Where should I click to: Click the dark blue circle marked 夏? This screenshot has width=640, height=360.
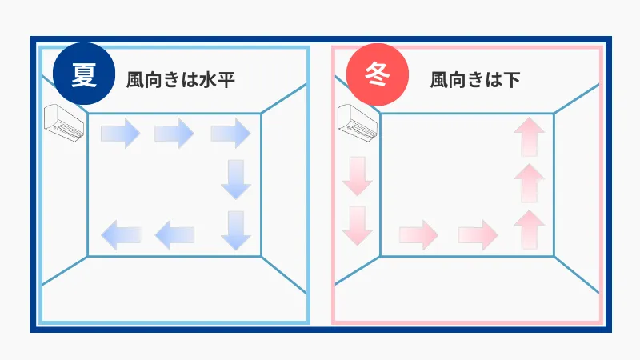coord(84,74)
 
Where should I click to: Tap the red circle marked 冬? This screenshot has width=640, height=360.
coord(377,74)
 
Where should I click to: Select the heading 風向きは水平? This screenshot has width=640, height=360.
coord(181,79)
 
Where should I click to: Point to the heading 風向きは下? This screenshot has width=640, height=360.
coord(475,79)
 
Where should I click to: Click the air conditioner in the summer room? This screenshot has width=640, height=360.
coord(64,123)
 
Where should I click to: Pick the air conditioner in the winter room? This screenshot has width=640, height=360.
coord(358,123)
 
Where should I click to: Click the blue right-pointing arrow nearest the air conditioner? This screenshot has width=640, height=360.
coord(121,133)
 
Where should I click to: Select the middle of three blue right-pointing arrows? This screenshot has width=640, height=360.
coord(174,133)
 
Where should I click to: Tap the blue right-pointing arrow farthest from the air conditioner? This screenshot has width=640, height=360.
coord(230,133)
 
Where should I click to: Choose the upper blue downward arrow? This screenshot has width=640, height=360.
coord(236,179)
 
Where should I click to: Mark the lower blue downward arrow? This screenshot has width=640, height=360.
coord(236,230)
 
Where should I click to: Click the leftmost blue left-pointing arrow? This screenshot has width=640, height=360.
coord(121,235)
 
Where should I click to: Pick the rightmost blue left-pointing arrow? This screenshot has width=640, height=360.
coord(174,235)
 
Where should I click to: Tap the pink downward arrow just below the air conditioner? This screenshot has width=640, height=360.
coord(358,176)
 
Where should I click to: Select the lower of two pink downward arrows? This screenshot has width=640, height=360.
coord(358,226)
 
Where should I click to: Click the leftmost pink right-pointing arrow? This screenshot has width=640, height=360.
coord(418,235)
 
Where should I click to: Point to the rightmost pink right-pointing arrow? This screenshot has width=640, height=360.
coord(478,235)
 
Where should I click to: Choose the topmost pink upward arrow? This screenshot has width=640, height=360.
coord(530,137)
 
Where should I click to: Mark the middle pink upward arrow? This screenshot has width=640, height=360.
coord(530,183)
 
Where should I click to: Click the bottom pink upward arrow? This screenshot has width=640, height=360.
coord(530,230)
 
